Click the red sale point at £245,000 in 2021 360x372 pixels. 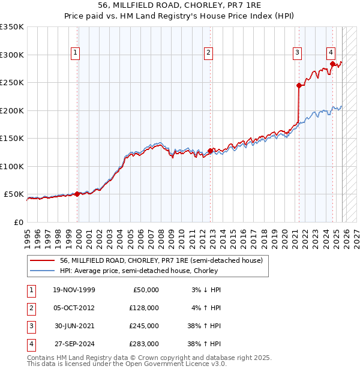pyautogui.click(x=299, y=85)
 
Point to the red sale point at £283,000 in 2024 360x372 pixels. pyautogui.click(x=332, y=64)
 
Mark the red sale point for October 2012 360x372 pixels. pyautogui.click(x=210, y=151)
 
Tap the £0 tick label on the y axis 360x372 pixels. pyautogui.click(x=18, y=222)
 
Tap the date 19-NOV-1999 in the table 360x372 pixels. pyautogui.click(x=74, y=290)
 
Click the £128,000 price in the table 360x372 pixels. pyautogui.click(x=144, y=308)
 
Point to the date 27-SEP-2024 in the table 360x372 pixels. pyautogui.click(x=74, y=344)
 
